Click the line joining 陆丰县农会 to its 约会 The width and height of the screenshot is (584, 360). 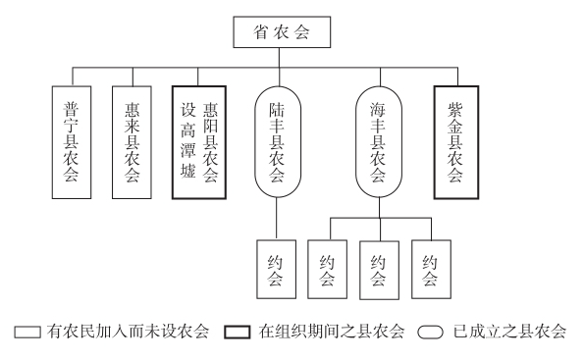click(x=276, y=218)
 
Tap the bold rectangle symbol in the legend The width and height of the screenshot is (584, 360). click(x=238, y=332)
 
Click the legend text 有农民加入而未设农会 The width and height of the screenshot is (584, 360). click(x=125, y=332)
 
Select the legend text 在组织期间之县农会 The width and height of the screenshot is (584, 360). click(x=332, y=332)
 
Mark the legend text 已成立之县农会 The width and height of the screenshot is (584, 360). click(x=511, y=332)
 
